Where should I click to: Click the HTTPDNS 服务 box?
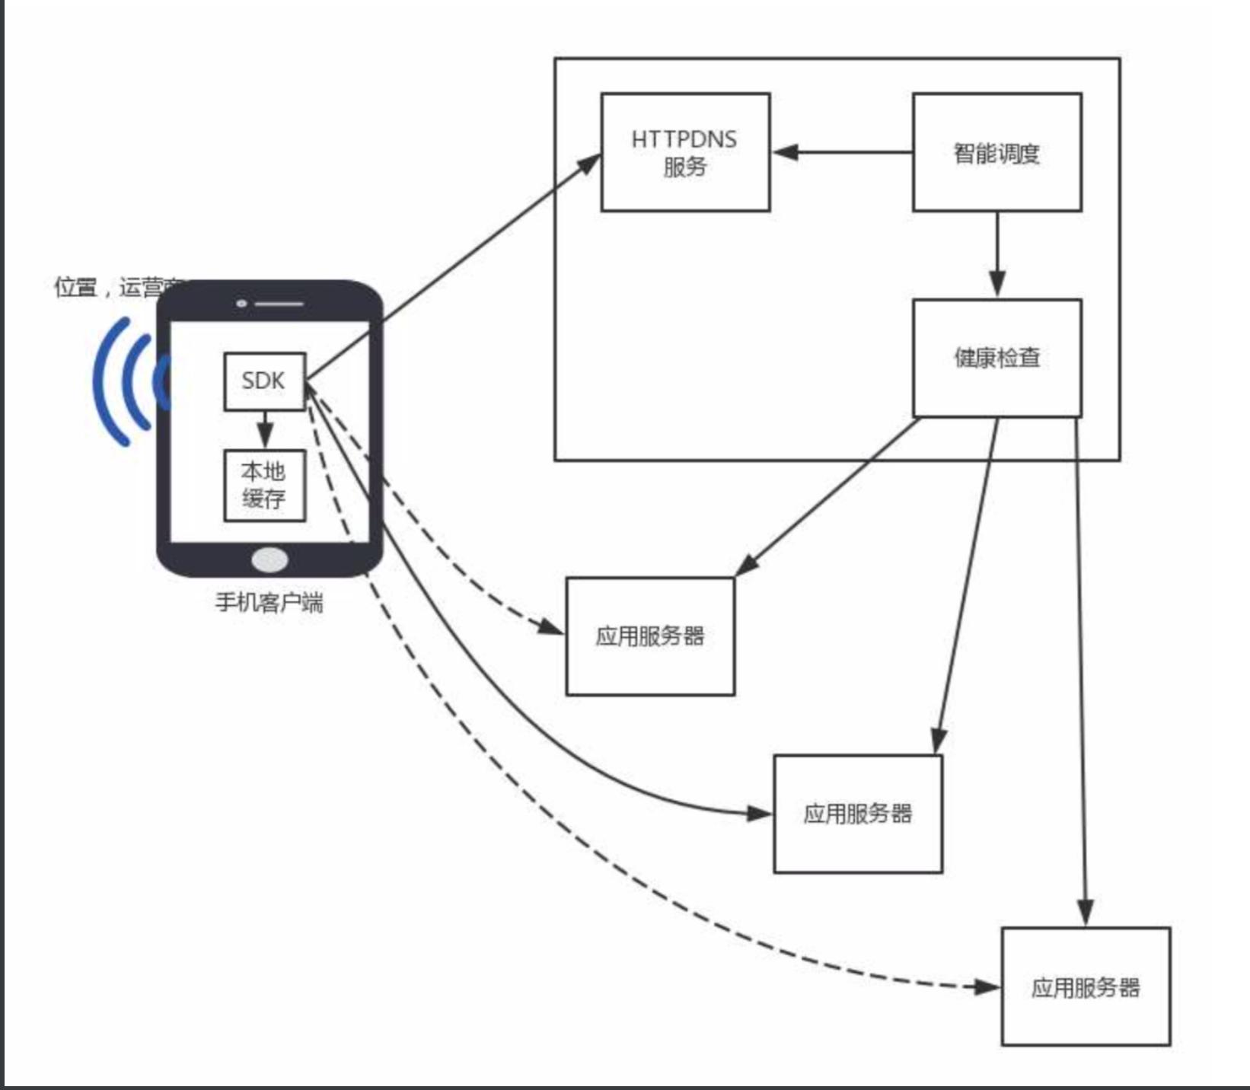pos(685,152)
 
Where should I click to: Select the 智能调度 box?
pos(996,152)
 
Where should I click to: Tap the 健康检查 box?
pos(996,358)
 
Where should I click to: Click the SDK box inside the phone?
pos(264,381)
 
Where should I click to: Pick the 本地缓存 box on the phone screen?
pos(264,486)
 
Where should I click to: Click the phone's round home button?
pos(269,560)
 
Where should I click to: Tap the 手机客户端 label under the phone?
pos(269,603)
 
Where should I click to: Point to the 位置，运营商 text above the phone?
pos(114,288)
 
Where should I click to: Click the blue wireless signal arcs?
pos(122,381)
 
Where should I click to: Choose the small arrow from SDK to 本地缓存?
pos(265,431)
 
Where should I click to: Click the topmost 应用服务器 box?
pos(650,636)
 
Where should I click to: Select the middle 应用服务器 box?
pos(858,814)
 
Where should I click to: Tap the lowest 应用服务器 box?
pos(1085,986)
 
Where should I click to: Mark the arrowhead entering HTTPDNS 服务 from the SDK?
pos(590,163)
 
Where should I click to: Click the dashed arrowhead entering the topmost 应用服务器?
pos(551,627)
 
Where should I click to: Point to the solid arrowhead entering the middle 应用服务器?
pos(759,814)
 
